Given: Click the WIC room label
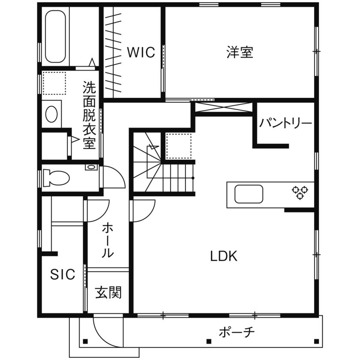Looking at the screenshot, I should pos(141,52).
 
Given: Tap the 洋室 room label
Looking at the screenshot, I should pos(240,52).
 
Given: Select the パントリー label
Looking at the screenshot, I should pos(285,124).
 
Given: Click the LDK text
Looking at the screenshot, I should pos(223,256).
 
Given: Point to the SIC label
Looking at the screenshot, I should pos(63,274).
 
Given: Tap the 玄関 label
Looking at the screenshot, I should pos(108,293).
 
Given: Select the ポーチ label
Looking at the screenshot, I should pos(237,332).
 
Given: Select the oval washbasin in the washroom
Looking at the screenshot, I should pos(51,114).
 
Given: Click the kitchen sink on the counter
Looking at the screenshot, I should pos(249,194).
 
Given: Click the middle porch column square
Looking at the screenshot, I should pos(209,342).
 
